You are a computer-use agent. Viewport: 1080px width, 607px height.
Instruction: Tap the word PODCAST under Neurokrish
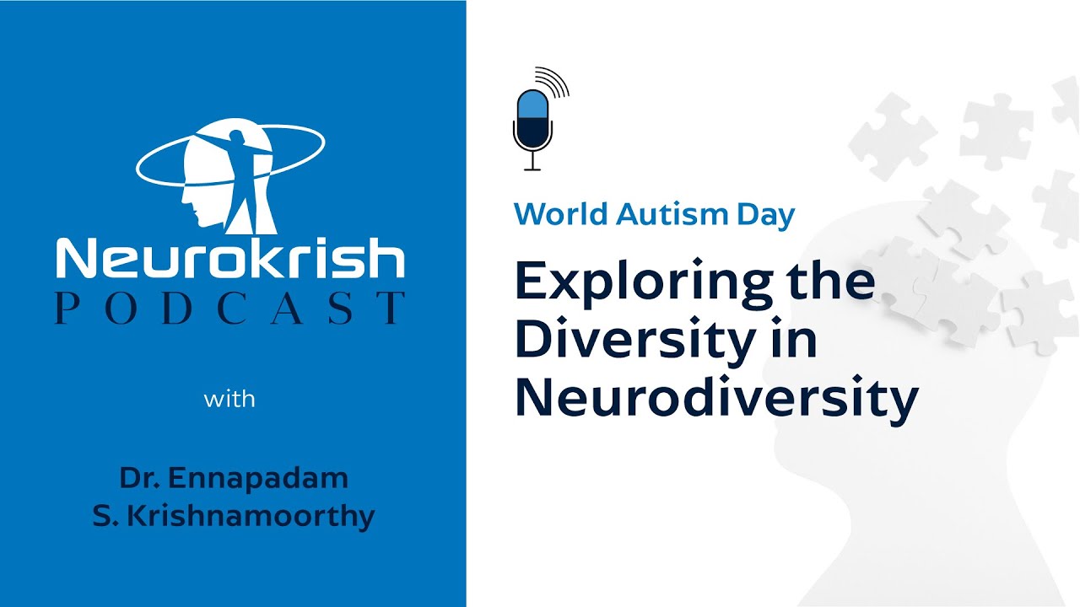tap(230, 309)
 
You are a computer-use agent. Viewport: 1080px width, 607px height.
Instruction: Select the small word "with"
tap(229, 398)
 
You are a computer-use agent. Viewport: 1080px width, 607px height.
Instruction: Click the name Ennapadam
tap(258, 478)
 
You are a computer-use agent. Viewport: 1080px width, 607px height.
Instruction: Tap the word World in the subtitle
tap(560, 215)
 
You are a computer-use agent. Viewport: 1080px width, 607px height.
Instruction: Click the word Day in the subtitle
tap(764, 215)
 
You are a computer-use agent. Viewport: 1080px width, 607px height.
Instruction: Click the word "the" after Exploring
tap(830, 282)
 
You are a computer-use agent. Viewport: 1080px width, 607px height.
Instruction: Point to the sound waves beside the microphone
tap(554, 82)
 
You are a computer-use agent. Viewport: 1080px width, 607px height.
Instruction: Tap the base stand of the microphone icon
tap(532, 168)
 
